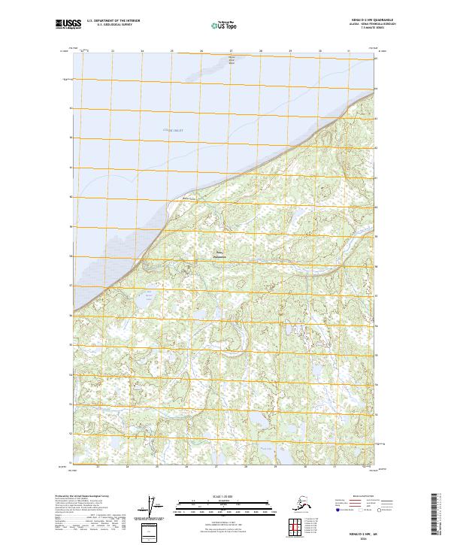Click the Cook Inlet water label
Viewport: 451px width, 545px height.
coord(174,130)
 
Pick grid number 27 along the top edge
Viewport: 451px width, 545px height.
coord(231,51)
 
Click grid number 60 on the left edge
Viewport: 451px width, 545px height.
coord(71,197)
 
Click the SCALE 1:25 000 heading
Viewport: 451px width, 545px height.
coord(224,494)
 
